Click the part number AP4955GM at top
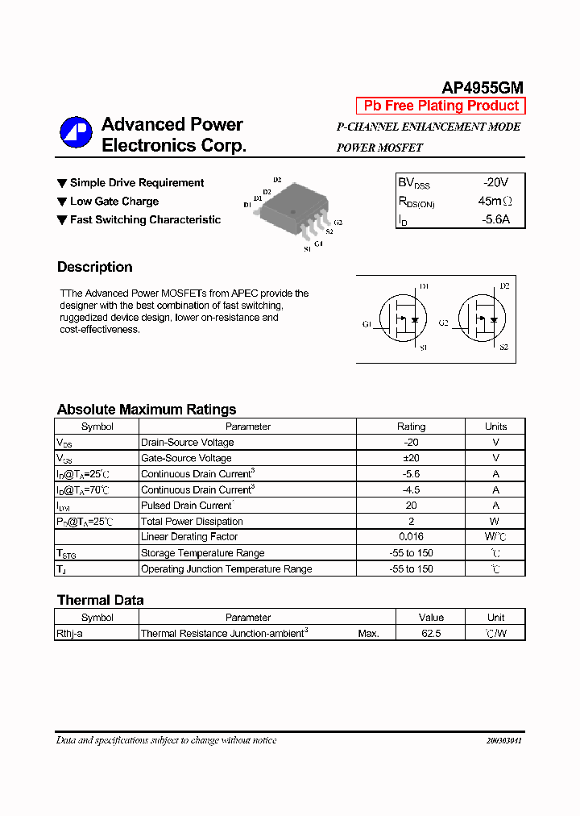(x=483, y=88)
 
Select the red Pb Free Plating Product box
(x=441, y=106)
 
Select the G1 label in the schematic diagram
(x=367, y=324)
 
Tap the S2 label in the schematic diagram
(x=504, y=348)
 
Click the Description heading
(x=94, y=267)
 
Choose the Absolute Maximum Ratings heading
(x=147, y=410)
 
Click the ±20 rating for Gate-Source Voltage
(x=411, y=458)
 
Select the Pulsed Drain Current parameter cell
(x=186, y=506)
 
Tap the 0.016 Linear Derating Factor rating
(x=411, y=537)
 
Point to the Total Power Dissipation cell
(x=192, y=522)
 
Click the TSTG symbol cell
(x=65, y=554)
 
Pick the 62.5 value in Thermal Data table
(x=431, y=634)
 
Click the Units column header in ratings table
(x=495, y=427)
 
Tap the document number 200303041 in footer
(x=503, y=740)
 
